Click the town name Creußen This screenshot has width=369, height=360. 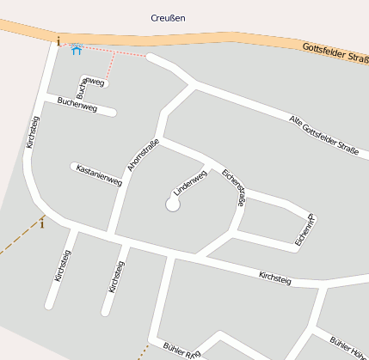coord(168,17)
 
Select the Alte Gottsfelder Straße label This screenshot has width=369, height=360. coord(323,135)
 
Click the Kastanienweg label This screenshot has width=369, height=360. coord(99,174)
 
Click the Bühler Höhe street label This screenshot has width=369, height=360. coord(349,345)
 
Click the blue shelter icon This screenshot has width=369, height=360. coord(76,50)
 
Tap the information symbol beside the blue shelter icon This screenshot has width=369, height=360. coord(58,40)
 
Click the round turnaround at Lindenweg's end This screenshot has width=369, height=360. coord(172,204)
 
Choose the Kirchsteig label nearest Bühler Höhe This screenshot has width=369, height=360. coord(275,278)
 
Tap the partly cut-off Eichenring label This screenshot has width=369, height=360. coord(302,231)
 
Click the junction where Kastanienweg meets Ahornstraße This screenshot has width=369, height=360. coord(122,181)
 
